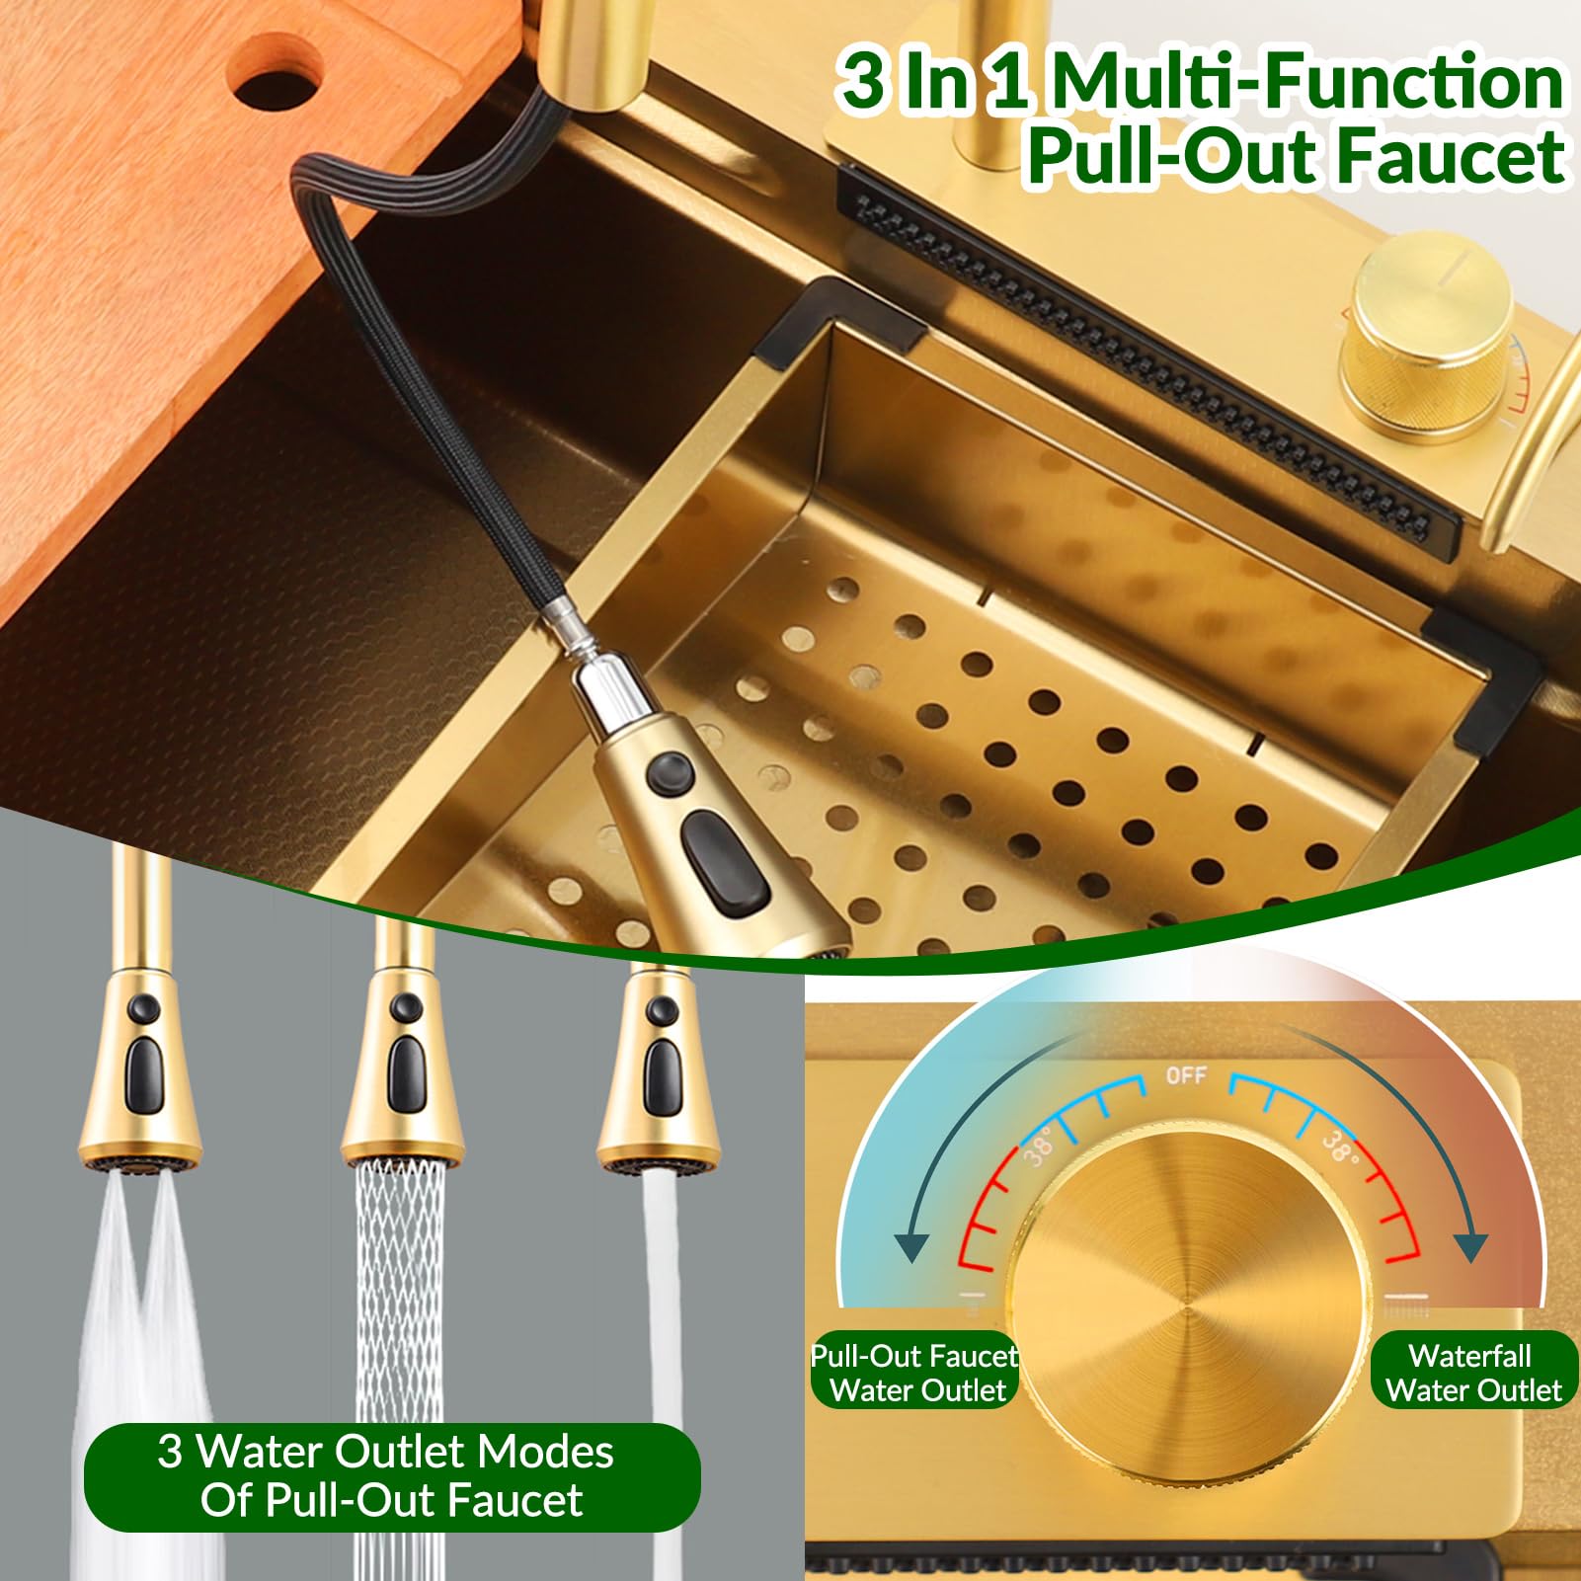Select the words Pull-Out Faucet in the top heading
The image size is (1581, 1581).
coord(1296,157)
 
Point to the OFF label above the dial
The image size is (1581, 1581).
coord(1185,1074)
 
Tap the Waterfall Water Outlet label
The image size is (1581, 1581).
coord(1472,1373)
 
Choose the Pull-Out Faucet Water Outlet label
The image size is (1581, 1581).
coord(914,1373)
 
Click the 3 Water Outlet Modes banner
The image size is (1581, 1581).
coord(391,1476)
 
